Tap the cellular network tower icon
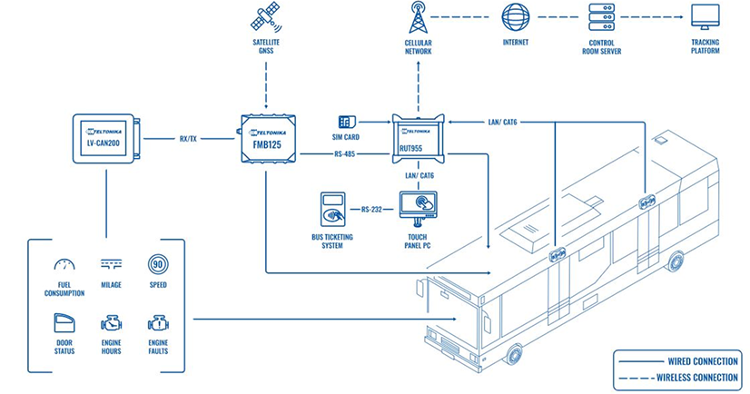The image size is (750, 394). (x=418, y=18)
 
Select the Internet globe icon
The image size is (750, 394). (x=516, y=18)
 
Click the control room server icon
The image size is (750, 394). (x=602, y=18)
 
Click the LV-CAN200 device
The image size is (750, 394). (x=105, y=137)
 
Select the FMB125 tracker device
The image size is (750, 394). (x=268, y=138)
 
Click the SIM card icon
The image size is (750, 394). (x=346, y=122)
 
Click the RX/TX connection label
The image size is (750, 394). (x=190, y=139)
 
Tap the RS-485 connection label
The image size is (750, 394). (x=346, y=154)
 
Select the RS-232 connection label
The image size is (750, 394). (x=371, y=210)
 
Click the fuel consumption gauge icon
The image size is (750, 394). (x=64, y=265)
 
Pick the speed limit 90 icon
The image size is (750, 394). (x=158, y=265)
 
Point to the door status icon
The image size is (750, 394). (x=64, y=323)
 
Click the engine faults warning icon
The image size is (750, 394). (x=158, y=323)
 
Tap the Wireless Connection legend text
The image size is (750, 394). (x=689, y=377)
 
